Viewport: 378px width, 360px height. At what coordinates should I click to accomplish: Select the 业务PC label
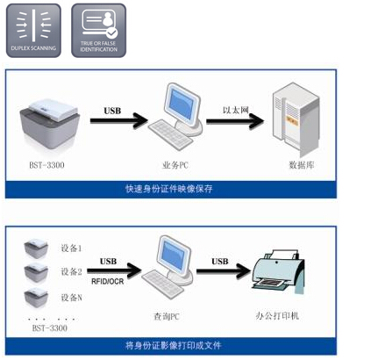click(x=175, y=163)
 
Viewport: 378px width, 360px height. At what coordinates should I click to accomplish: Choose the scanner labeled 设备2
click(x=37, y=271)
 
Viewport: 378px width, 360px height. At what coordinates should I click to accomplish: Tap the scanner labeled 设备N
click(x=37, y=295)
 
